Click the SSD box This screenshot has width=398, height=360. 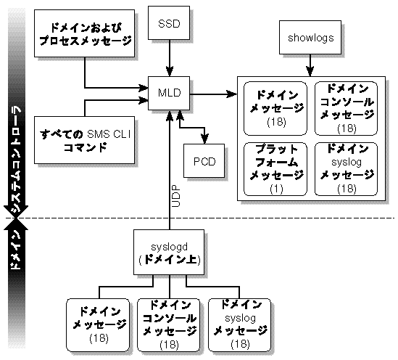[x=169, y=24]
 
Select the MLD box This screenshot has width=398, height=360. [x=169, y=93]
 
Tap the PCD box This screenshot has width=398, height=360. [x=205, y=158]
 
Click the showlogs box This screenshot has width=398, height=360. [x=310, y=38]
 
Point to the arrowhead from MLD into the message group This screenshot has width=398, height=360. [x=233, y=94]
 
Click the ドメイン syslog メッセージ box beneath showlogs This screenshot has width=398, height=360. [x=345, y=168]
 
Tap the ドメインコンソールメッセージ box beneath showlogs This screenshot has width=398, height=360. [x=345, y=107]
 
